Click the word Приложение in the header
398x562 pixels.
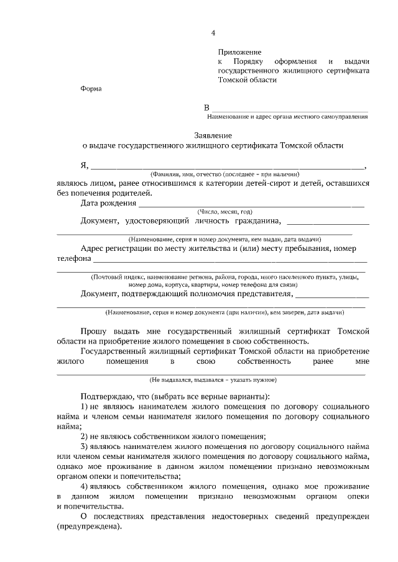pos(239,52)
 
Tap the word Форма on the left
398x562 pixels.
pos(91,88)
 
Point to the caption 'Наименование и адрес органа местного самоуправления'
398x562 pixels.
pos(287,117)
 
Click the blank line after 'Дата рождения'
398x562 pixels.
pos(251,203)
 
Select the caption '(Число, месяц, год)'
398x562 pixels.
pos(224,212)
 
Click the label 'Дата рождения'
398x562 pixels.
pos(108,202)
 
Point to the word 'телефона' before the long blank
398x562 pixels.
pos(74,259)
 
